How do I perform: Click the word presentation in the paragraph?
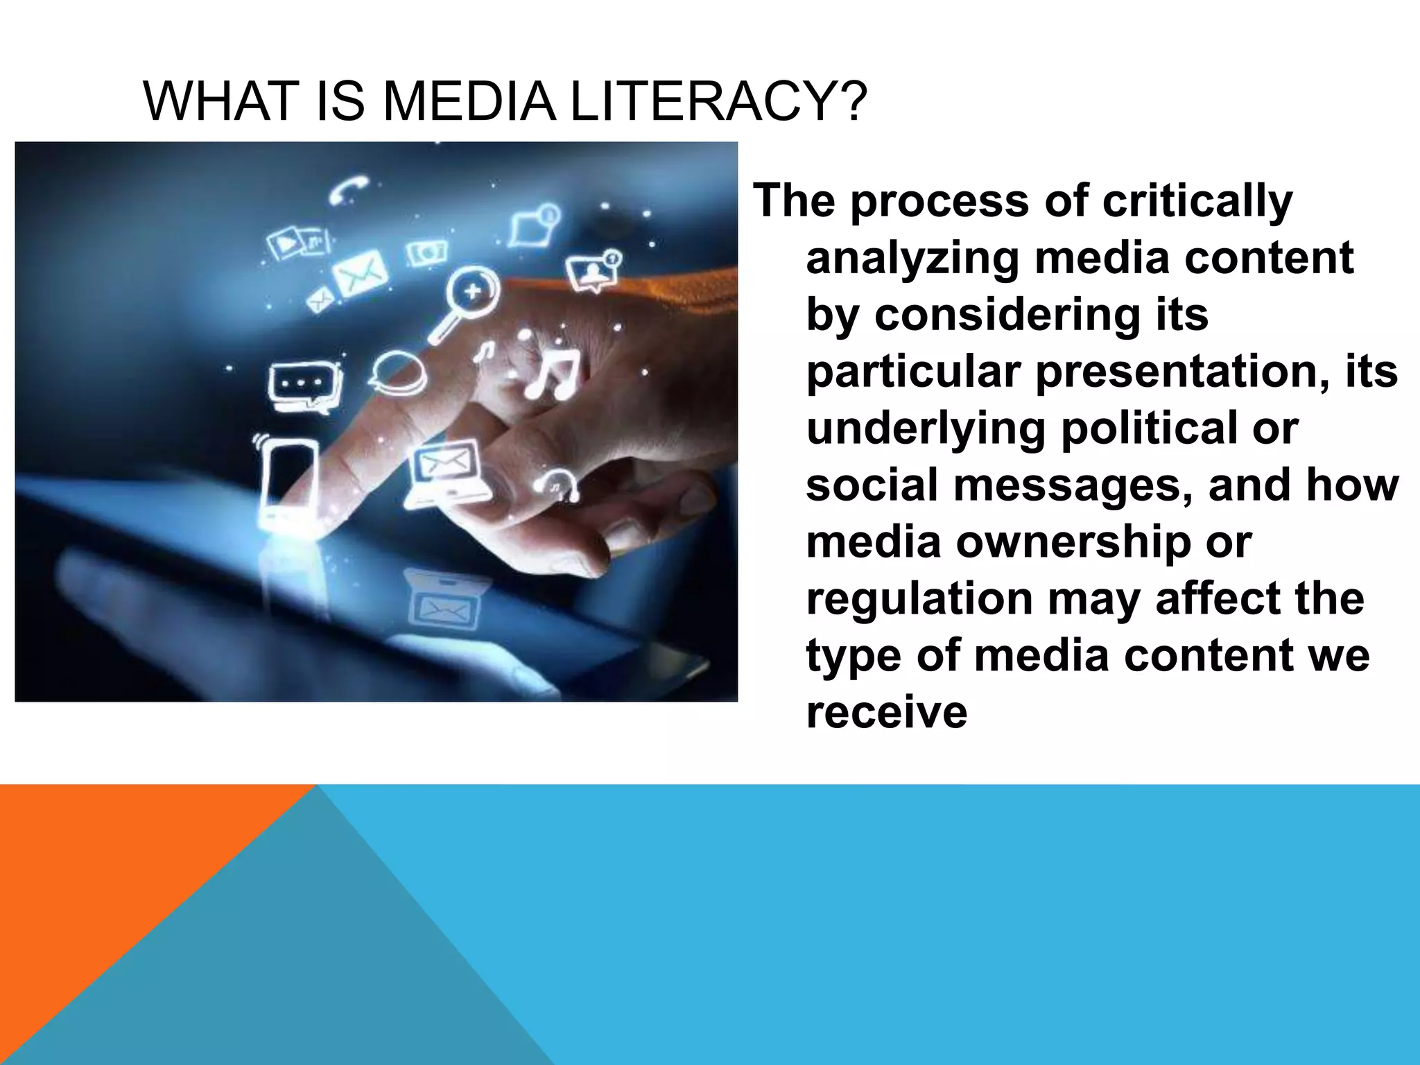coord(1182,372)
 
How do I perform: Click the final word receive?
coord(886,712)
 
